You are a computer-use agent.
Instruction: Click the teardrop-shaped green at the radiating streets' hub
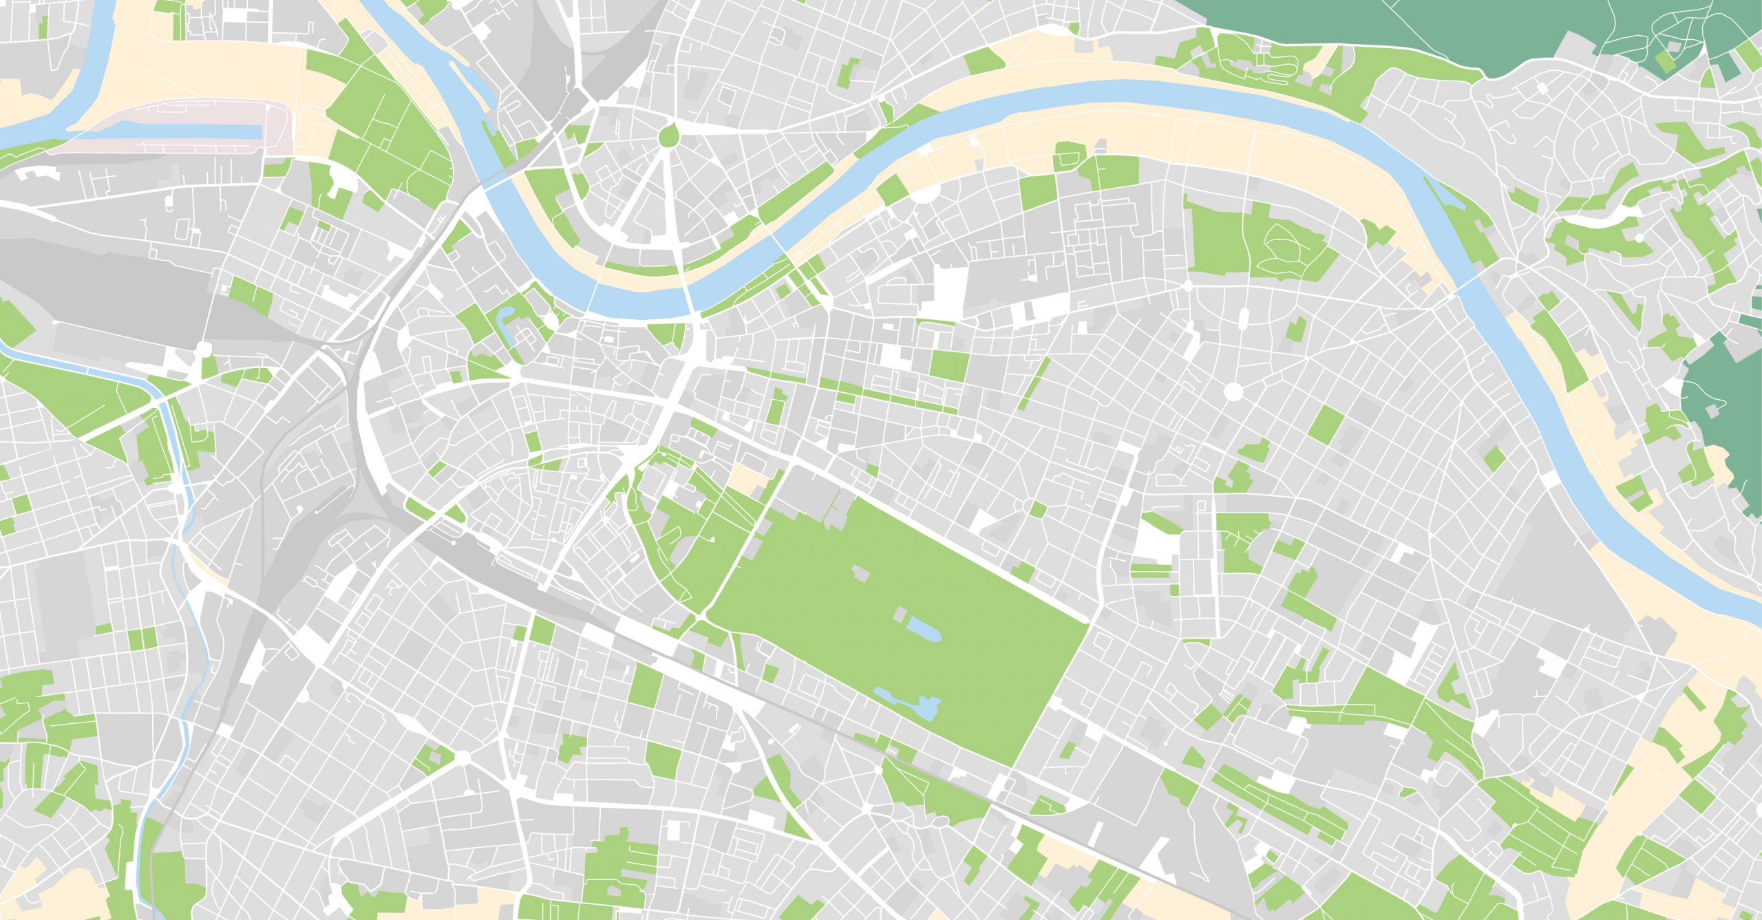click(667, 135)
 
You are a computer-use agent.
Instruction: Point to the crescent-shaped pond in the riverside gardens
click(505, 323)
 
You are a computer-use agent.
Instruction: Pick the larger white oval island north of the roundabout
click(1243, 318)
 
